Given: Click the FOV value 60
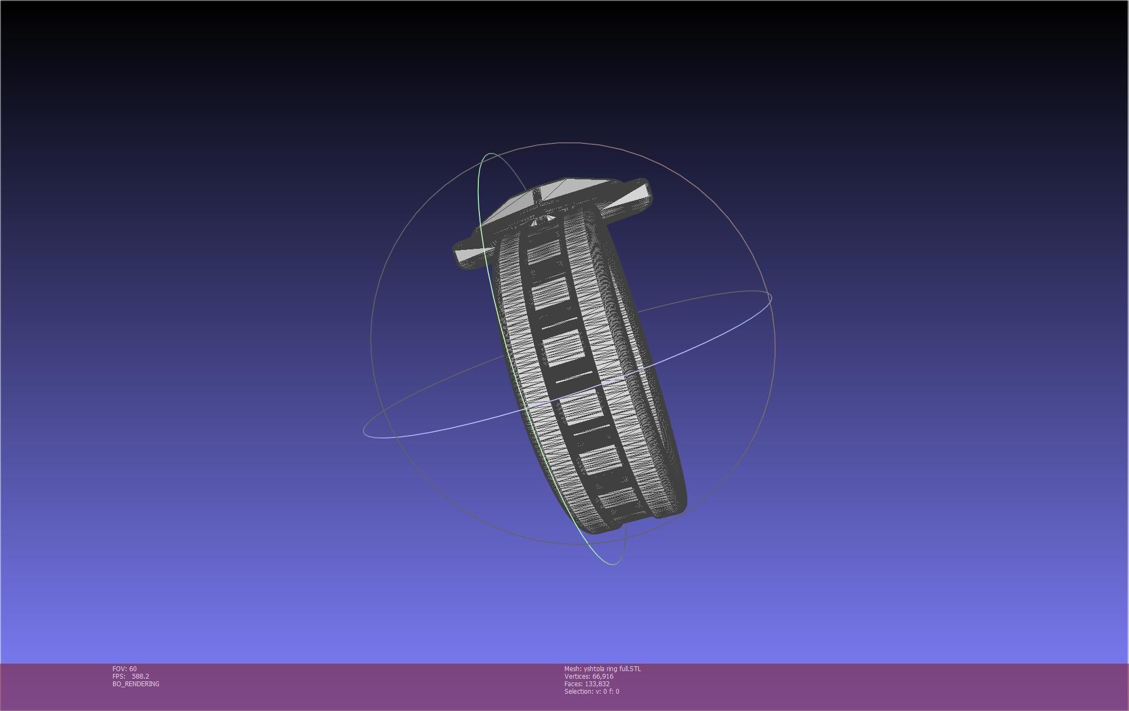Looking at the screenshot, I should pyautogui.click(x=133, y=669).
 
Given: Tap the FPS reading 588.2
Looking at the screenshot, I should pyautogui.click(x=141, y=677).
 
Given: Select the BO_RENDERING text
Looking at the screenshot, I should pyautogui.click(x=136, y=684).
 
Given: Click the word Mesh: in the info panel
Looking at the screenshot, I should pyautogui.click(x=573, y=669).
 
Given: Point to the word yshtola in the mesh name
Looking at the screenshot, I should pyautogui.click(x=594, y=669).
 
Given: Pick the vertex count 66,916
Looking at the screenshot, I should pyautogui.click(x=603, y=677).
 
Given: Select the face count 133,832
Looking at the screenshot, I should pyautogui.click(x=597, y=684).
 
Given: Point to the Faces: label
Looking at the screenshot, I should pyautogui.click(x=573, y=684).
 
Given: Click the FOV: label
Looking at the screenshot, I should pyautogui.click(x=120, y=669).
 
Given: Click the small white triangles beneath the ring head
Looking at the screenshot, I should pyautogui.click(x=543, y=220).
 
